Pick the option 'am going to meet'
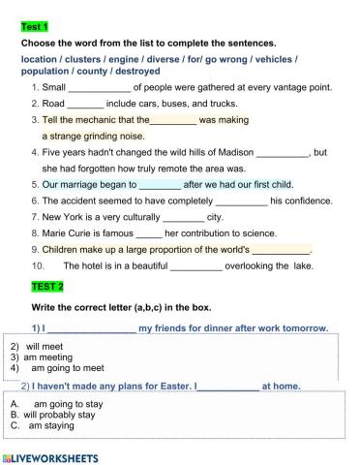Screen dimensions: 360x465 click(x=67, y=369)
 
